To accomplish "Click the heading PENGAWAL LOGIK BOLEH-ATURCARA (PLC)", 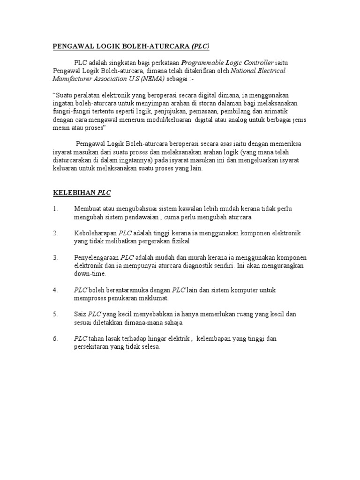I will click(x=131, y=46).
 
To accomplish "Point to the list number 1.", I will click(x=55, y=209).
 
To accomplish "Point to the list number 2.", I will click(x=55, y=233).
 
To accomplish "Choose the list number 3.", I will click(x=55, y=257).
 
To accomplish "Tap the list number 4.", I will click(x=55, y=290).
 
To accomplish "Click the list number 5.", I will click(x=55, y=314).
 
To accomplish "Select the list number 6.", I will click(x=55, y=338).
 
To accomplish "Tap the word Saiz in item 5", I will click(x=80, y=314).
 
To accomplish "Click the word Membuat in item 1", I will click(x=88, y=209).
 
